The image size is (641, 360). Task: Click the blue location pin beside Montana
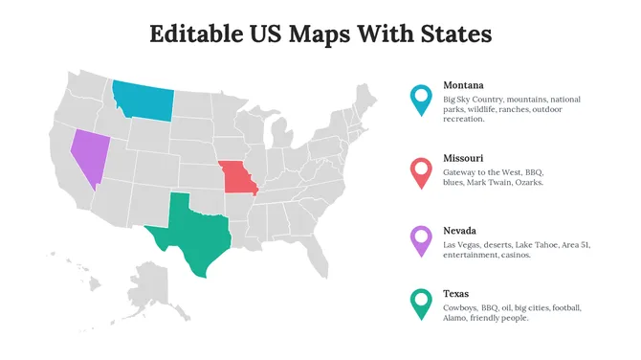coord(419,99)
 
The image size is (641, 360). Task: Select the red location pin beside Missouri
coord(419,172)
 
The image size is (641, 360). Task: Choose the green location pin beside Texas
coord(419,304)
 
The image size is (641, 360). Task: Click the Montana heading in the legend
coord(463,85)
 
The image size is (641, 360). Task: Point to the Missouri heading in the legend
coord(463,158)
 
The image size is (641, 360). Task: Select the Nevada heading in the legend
coord(460,231)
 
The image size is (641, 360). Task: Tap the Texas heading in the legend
coord(456,293)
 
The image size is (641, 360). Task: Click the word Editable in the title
coord(197,34)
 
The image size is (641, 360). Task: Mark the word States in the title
coord(456,34)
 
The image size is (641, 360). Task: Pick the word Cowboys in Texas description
coord(460,308)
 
